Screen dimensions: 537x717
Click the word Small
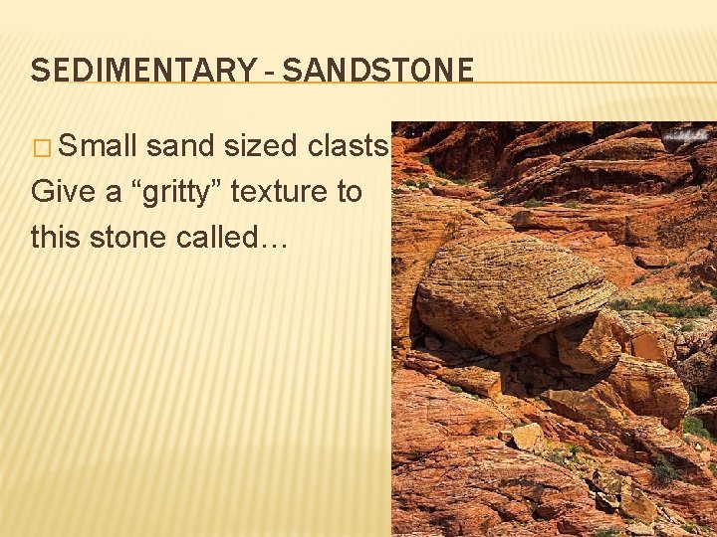click(97, 146)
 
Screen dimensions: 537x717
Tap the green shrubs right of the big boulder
click(667, 307)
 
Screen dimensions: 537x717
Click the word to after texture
click(348, 191)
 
